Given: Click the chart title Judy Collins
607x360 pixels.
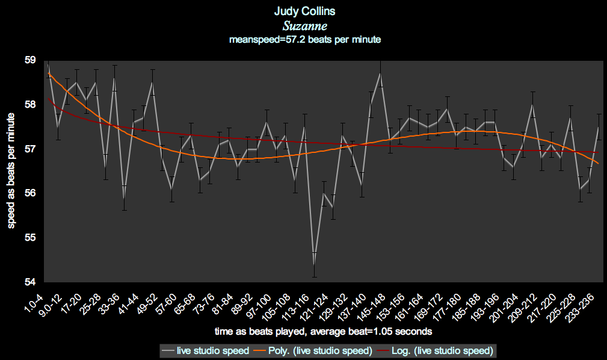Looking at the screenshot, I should pyautogui.click(x=303, y=11).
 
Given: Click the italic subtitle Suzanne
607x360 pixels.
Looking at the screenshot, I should pyautogui.click(x=303, y=26).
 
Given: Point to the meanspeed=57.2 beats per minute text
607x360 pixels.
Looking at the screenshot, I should pyautogui.click(x=305, y=40).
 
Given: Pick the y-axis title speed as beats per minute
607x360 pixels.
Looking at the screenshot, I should pyautogui.click(x=11, y=171).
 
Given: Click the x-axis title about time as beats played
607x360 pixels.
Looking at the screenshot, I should pyautogui.click(x=323, y=331).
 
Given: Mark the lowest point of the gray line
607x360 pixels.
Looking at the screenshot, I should pyautogui.click(x=314, y=265).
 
